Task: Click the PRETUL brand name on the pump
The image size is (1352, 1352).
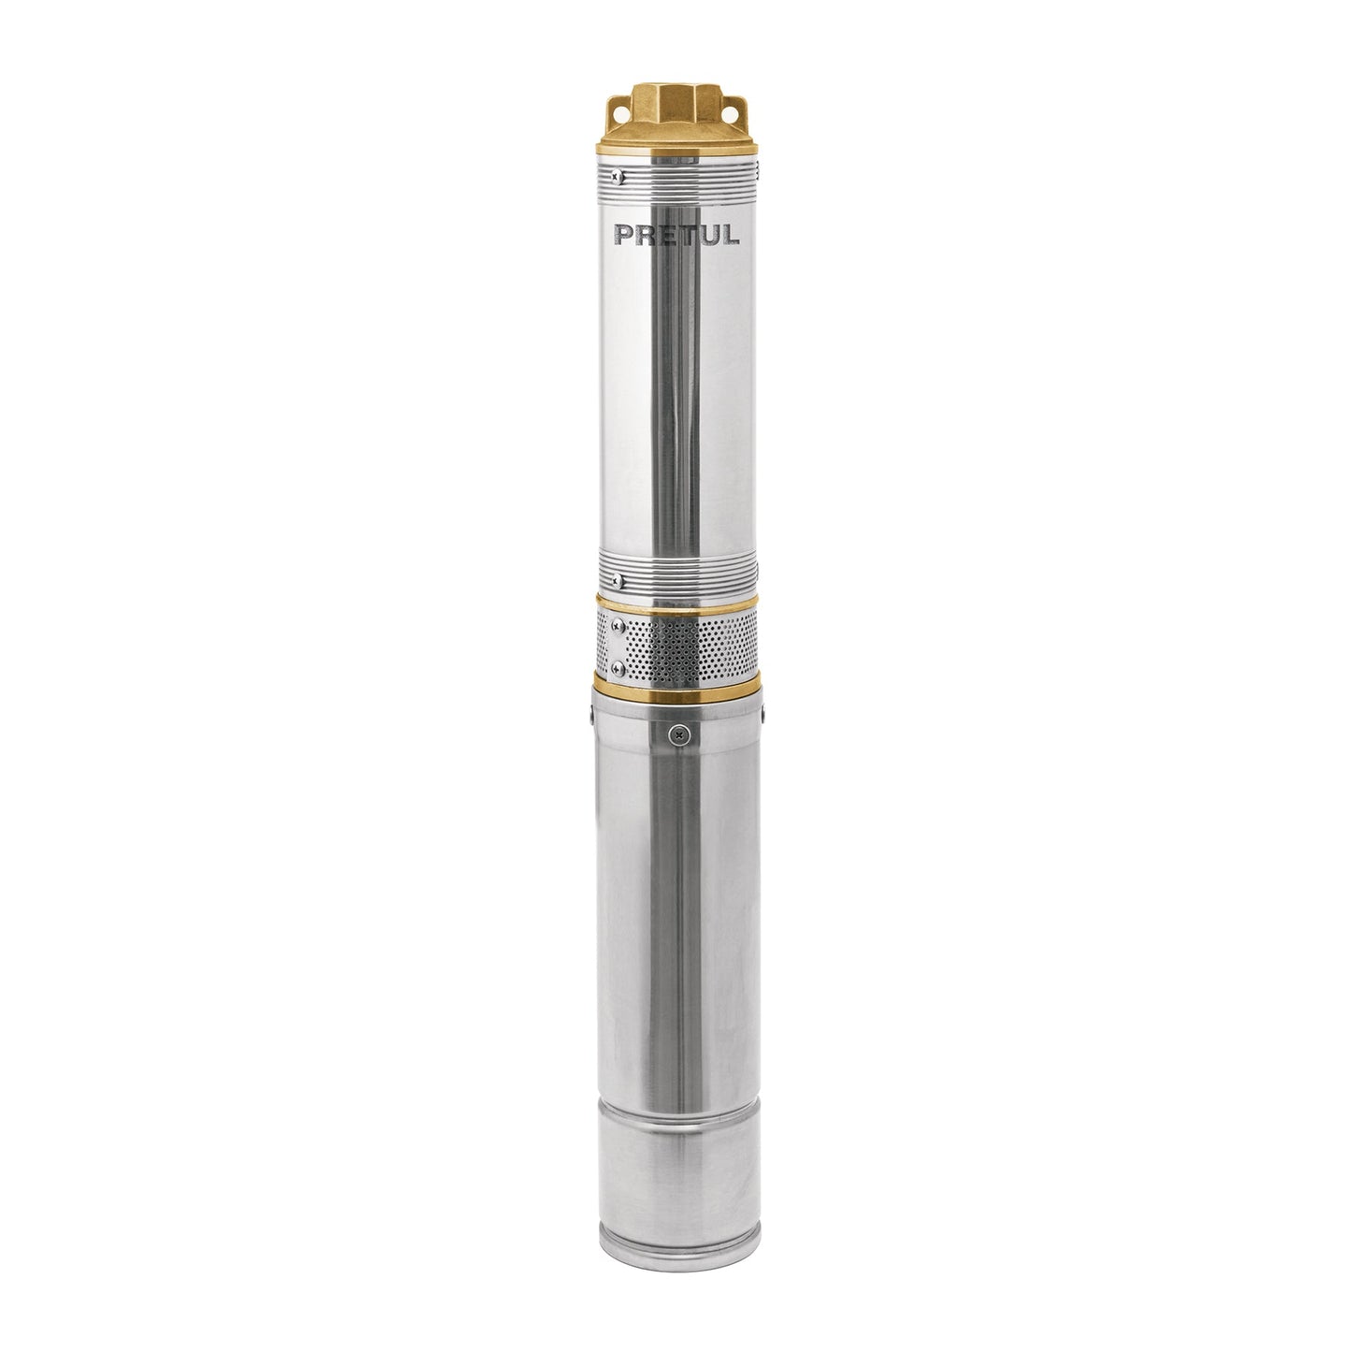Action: (x=676, y=234)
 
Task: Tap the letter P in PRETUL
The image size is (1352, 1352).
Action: (x=623, y=234)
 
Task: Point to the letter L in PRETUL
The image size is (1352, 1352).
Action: (x=731, y=235)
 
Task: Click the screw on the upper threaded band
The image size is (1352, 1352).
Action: (x=618, y=176)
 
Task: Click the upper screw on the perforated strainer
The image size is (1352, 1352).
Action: (x=618, y=625)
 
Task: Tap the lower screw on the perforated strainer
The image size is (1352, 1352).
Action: (x=618, y=666)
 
